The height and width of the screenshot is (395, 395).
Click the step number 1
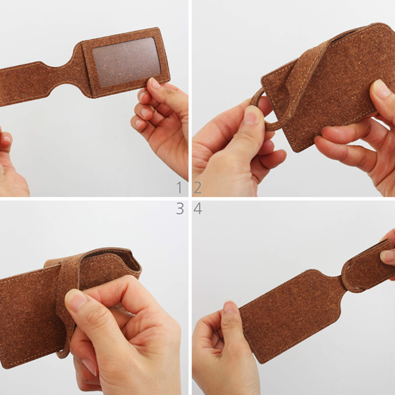point(179,188)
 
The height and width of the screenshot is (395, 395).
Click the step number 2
point(197,188)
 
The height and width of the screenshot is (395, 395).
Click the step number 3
point(180,209)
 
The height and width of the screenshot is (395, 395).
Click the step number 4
point(197,209)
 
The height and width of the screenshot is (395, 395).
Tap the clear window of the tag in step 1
point(126,62)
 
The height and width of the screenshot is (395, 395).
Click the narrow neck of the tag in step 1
point(65,76)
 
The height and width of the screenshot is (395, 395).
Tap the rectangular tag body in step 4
point(290,315)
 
